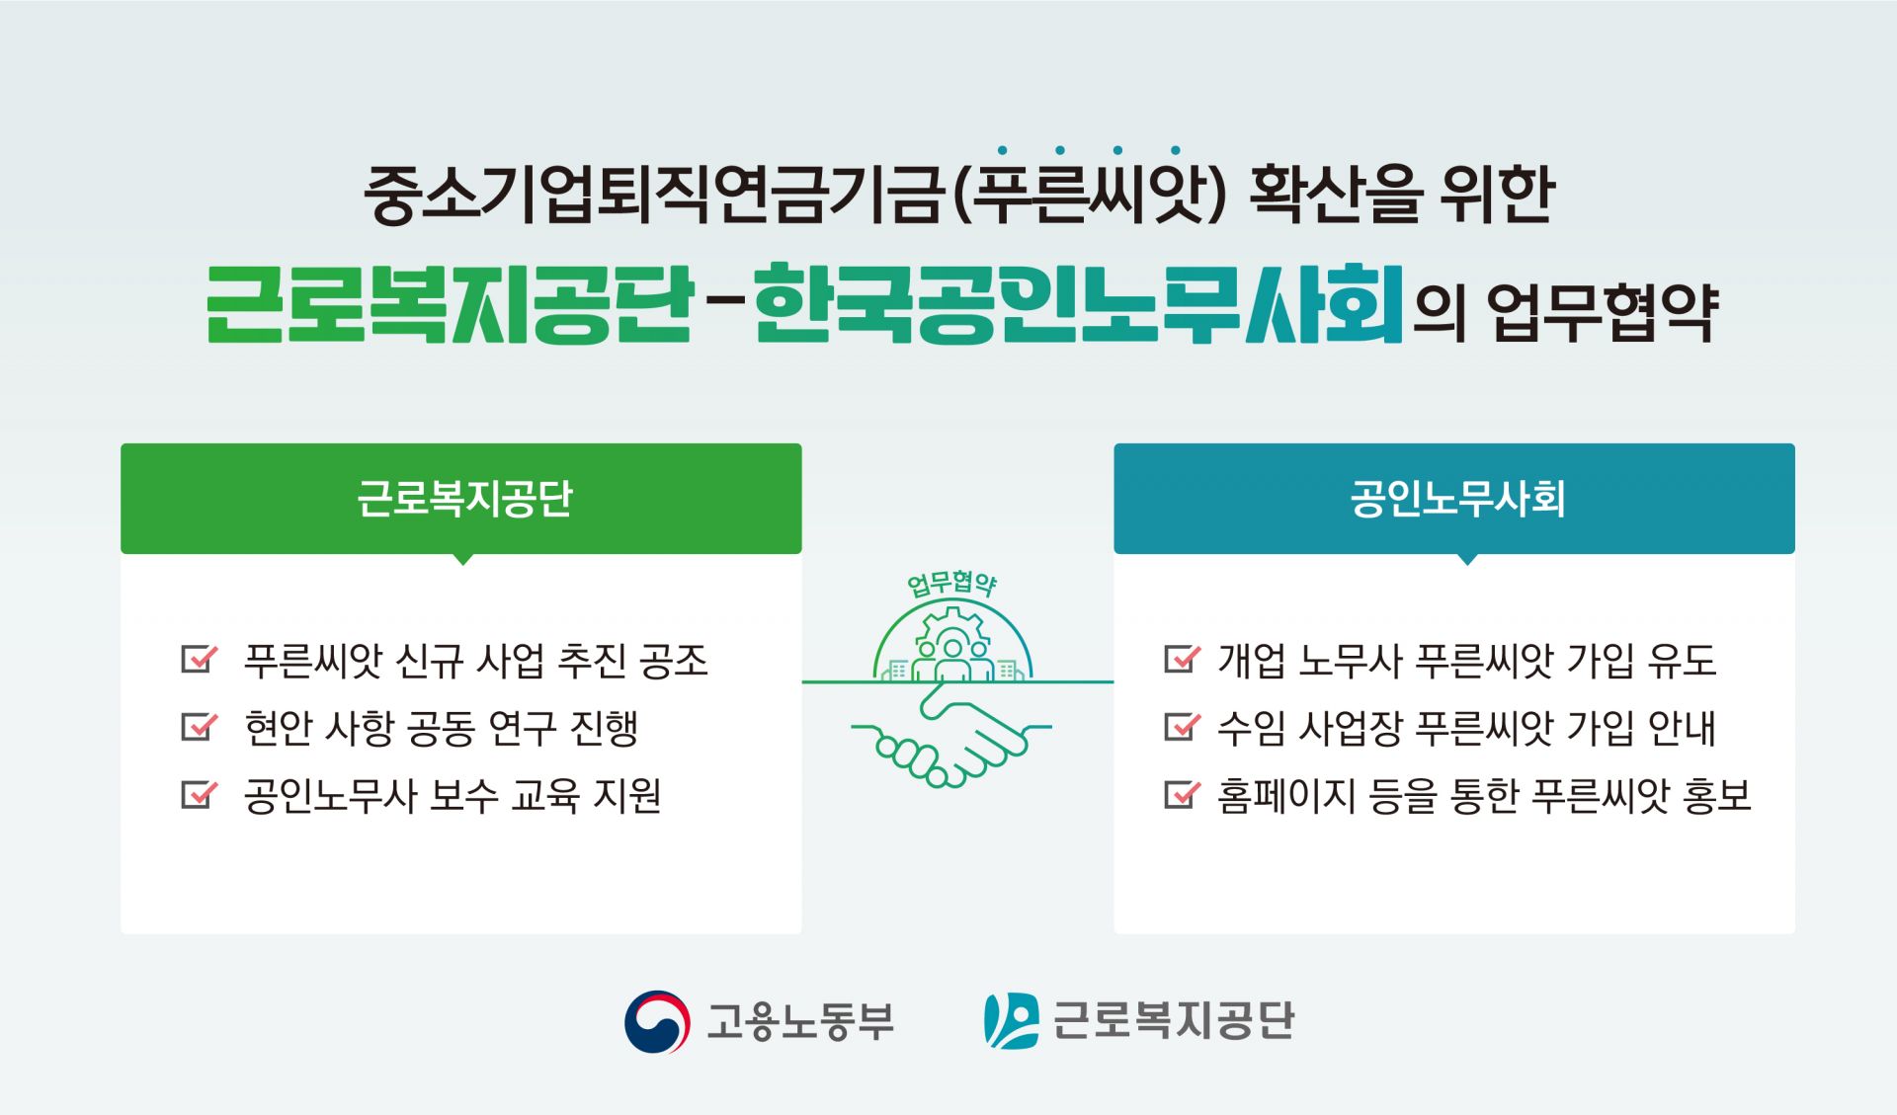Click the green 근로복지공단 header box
click(x=460, y=498)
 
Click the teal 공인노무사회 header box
click(x=1453, y=498)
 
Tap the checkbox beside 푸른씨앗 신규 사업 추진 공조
click(x=198, y=659)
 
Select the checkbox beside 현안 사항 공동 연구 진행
click(x=198, y=727)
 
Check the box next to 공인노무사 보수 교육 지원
click(x=198, y=794)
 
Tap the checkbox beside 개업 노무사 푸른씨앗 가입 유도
click(x=1181, y=659)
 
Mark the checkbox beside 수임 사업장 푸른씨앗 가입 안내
click(x=1181, y=727)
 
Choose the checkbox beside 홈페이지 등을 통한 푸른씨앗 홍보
click(x=1181, y=794)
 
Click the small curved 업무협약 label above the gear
click(x=951, y=584)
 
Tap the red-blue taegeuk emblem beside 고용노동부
click(x=657, y=1021)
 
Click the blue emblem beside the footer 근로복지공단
click(x=1011, y=1021)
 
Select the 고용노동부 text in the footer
click(x=800, y=1021)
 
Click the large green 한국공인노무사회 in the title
click(x=1077, y=304)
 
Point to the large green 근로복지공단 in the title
click(x=450, y=304)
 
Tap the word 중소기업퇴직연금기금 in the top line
click(x=652, y=194)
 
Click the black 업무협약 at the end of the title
click(x=1602, y=312)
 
